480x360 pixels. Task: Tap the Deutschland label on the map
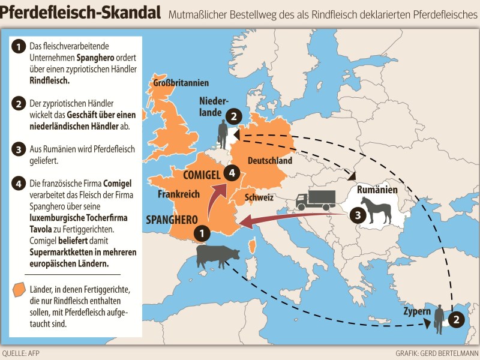(x=269, y=161)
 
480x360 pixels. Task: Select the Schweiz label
(x=259, y=197)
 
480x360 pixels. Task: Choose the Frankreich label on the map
(x=178, y=194)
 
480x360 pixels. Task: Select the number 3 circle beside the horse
(x=355, y=213)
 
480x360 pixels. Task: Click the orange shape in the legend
(x=19, y=289)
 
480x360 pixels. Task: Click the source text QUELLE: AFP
(x=22, y=353)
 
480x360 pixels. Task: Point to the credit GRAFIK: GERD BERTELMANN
(x=436, y=353)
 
